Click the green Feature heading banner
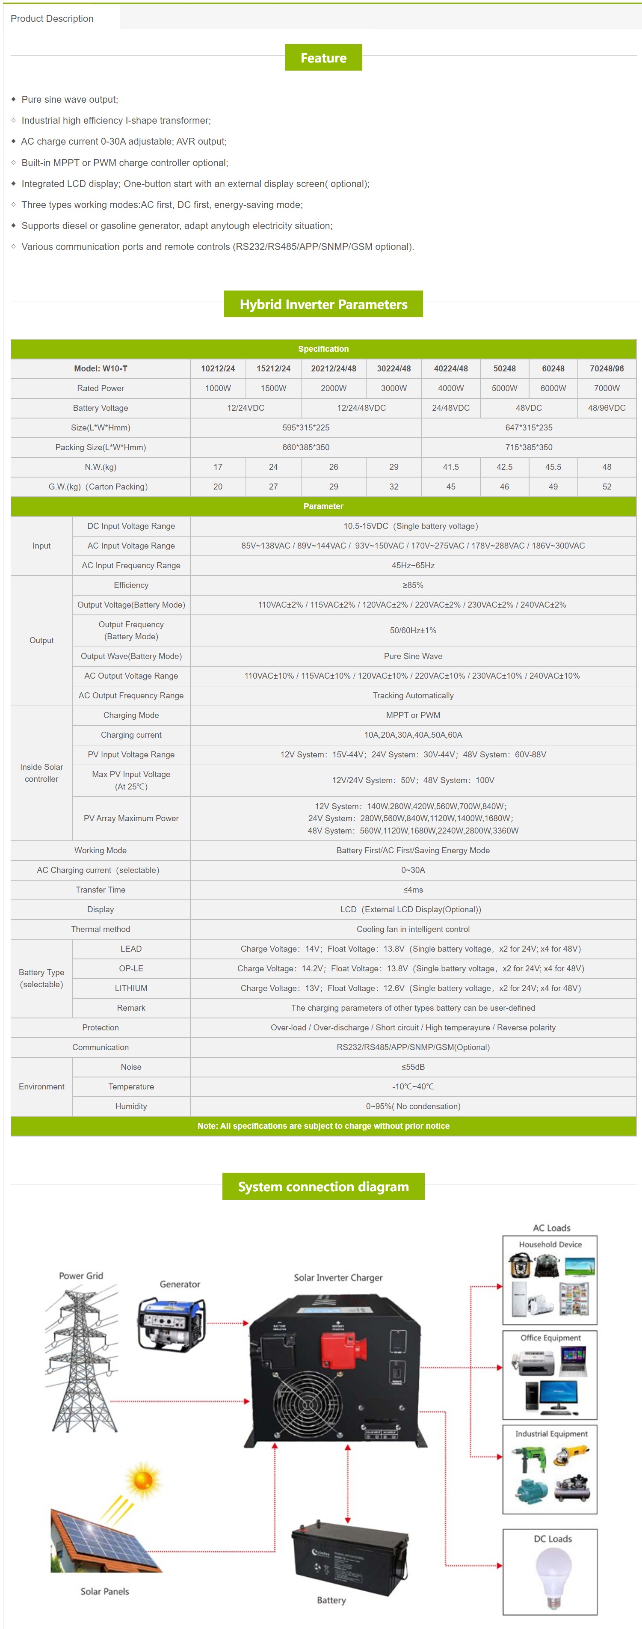(323, 57)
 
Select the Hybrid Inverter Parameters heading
(323, 304)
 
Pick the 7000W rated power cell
(606, 388)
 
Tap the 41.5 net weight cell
(450, 467)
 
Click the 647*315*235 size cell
(528, 427)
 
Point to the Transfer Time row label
(101, 890)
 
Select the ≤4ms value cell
(413, 890)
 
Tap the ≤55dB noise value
(413, 1067)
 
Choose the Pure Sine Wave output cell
(413, 656)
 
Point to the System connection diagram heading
(323, 1186)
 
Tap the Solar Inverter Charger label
(338, 1277)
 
